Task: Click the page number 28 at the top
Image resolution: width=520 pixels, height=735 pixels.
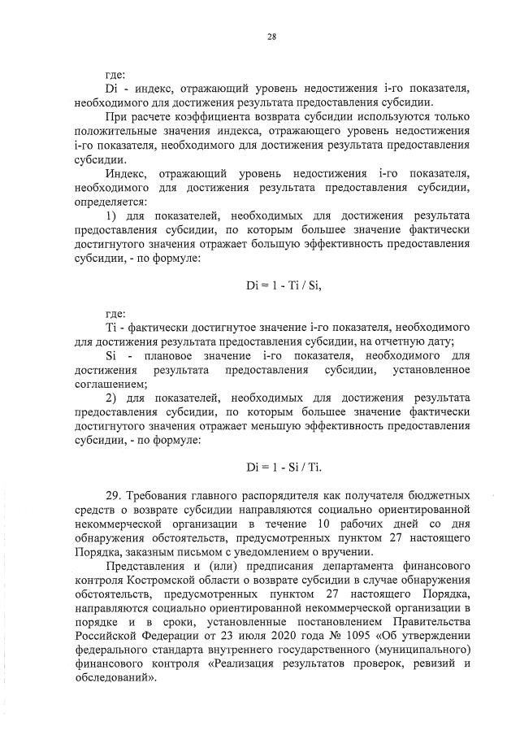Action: tap(271, 35)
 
